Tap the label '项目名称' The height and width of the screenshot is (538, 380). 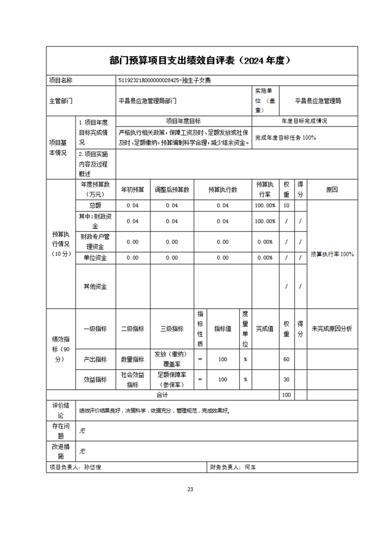pyautogui.click(x=61, y=81)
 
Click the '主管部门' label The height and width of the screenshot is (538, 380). pyautogui.click(x=61, y=101)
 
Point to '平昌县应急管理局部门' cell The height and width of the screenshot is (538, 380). pyautogui.click(x=148, y=101)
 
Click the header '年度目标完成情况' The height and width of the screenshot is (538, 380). pyautogui.click(x=304, y=121)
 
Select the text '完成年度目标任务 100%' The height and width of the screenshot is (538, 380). pyautogui.click(x=286, y=138)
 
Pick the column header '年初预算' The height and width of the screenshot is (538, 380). pyautogui.click(x=133, y=189)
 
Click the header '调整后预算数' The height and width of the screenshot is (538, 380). pyautogui.click(x=172, y=189)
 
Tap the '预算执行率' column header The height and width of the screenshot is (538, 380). pyautogui.click(x=265, y=189)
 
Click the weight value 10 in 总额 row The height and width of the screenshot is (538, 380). pyautogui.click(x=287, y=205)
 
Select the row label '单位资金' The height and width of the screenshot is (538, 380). pyautogui.click(x=95, y=257)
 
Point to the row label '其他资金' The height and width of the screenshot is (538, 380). pyautogui.click(x=95, y=286)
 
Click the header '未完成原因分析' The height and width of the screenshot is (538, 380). pyautogui.click(x=332, y=329)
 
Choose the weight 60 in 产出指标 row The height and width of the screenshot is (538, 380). pyautogui.click(x=287, y=359)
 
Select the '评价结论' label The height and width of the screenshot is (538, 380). pyautogui.click(x=61, y=410)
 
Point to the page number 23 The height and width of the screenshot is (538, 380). pyautogui.click(x=190, y=489)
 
